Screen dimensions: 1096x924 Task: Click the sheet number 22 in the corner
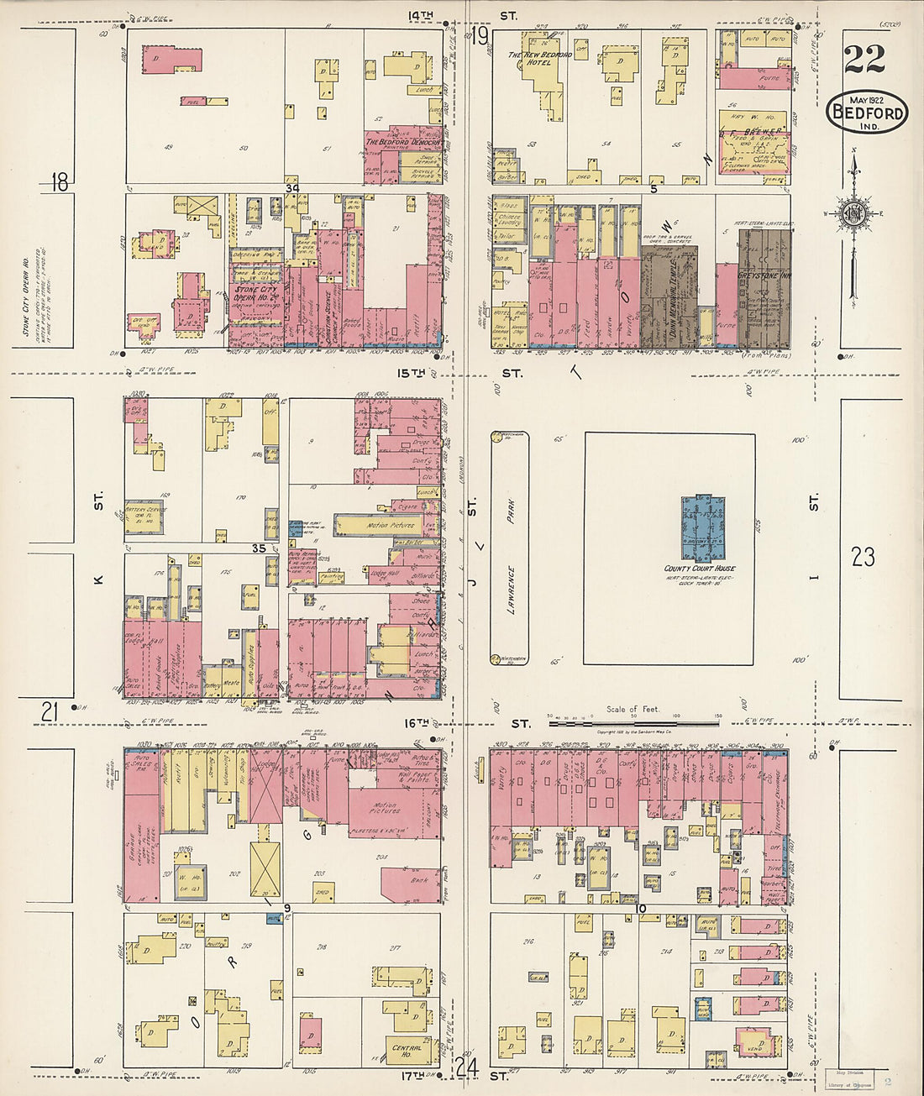pyautogui.click(x=864, y=59)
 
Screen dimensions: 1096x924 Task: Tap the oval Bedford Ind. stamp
pyautogui.click(x=867, y=113)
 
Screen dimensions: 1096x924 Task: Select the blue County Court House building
pyautogui.click(x=703, y=529)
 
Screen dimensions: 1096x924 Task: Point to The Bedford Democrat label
pyautogui.click(x=402, y=143)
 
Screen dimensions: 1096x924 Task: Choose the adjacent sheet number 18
pyautogui.click(x=59, y=181)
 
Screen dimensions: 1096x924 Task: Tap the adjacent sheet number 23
pyautogui.click(x=863, y=556)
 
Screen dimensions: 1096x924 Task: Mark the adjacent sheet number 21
pyautogui.click(x=50, y=712)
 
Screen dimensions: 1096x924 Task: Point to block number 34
pyautogui.click(x=291, y=189)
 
